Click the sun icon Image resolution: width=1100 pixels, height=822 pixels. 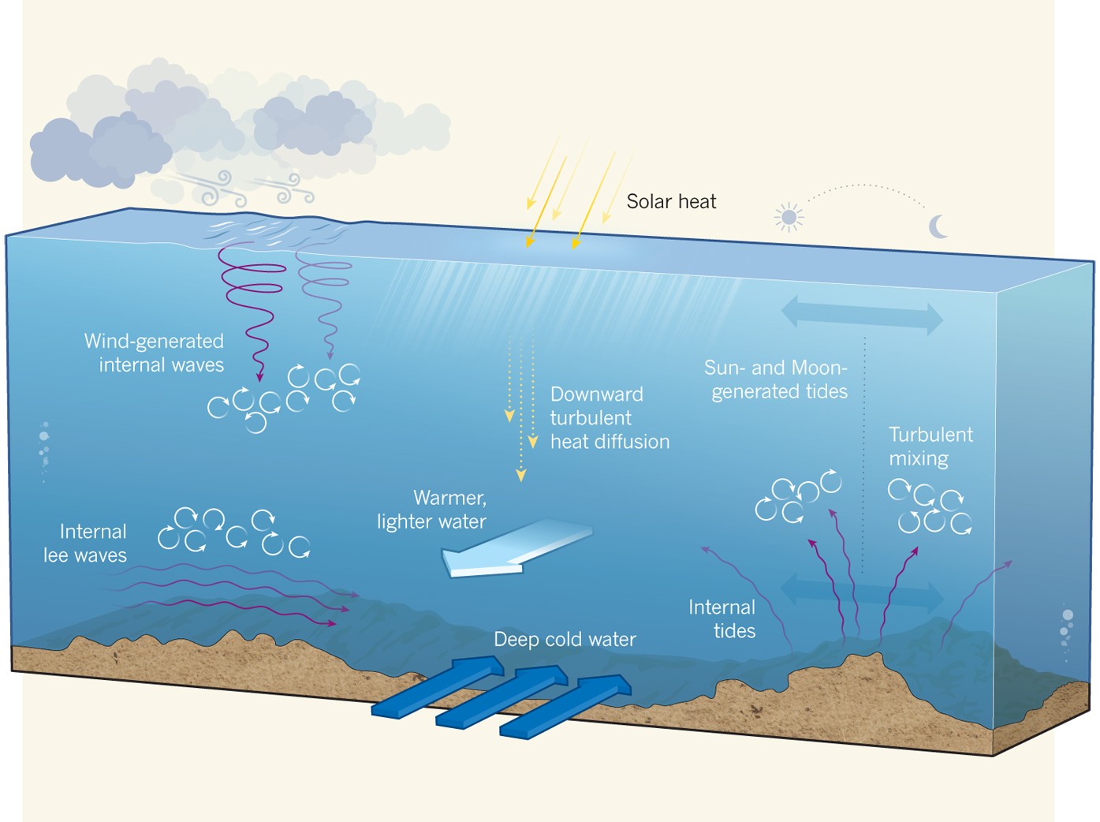pos(789,217)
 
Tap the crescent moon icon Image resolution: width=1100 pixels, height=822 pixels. pos(938,226)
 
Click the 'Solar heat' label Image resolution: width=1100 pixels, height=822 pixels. pos(671,202)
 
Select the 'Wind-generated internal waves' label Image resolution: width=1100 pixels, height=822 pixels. pos(155,353)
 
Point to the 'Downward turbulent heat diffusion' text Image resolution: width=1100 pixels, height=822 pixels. pos(609,418)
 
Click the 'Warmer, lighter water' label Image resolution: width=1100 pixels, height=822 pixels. pos(432,510)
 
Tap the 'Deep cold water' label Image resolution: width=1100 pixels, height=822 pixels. pos(565,639)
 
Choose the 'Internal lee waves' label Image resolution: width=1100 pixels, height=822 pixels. pos(85,544)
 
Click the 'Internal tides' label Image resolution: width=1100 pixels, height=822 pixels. pos(722,619)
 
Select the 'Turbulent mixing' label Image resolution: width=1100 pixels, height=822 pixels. pos(930,446)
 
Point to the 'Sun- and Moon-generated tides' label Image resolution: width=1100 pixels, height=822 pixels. pos(777,379)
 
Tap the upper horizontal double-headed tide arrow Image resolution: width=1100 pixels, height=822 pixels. pos(862,315)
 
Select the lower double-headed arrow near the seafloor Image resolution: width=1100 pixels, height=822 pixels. pos(862,594)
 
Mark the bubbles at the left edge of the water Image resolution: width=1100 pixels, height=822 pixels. pos(44,450)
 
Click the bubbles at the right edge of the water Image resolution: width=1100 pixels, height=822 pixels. pos(1066,631)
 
